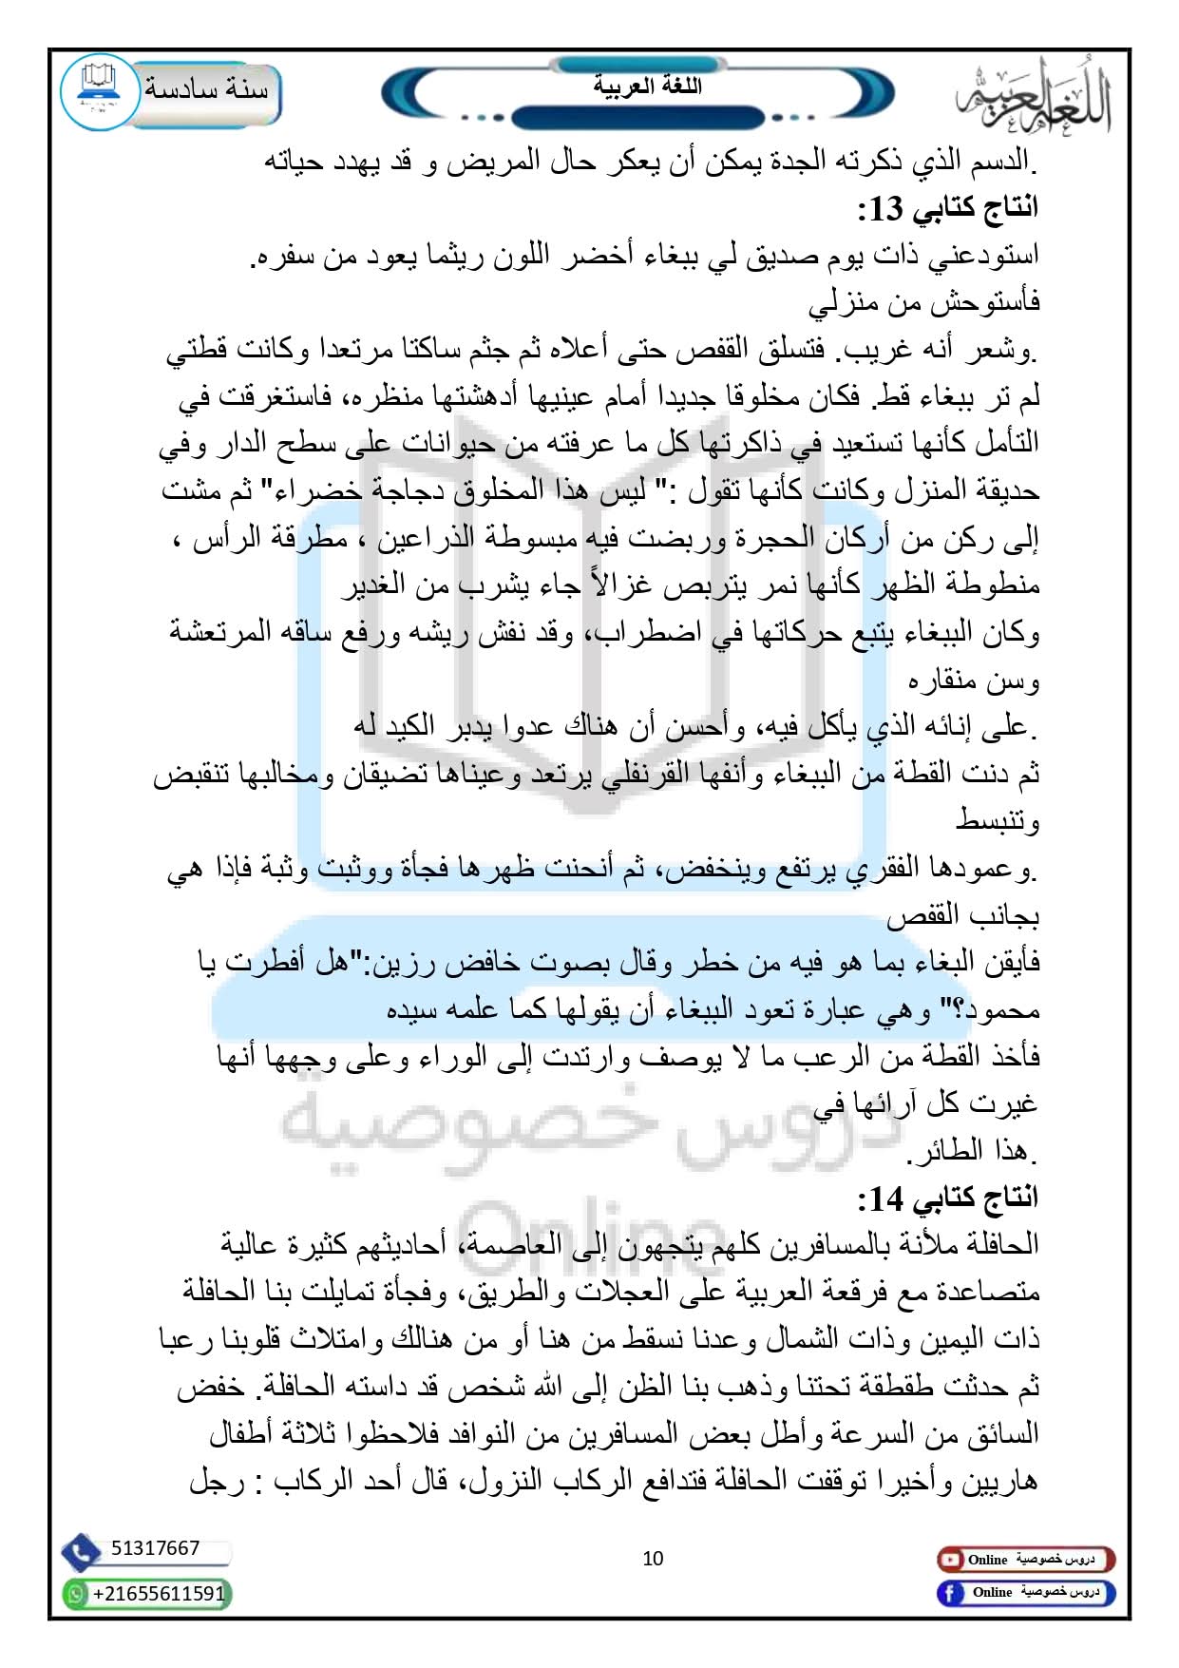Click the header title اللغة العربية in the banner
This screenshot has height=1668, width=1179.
(x=647, y=86)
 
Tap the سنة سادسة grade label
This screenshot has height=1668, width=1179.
(x=206, y=89)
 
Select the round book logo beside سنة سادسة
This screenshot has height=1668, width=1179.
(x=99, y=91)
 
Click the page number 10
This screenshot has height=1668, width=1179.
(x=653, y=1559)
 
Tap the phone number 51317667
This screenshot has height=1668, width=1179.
(x=156, y=1548)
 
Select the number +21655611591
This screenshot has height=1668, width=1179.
(x=159, y=1594)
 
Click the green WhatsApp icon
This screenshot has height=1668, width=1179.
(x=76, y=1594)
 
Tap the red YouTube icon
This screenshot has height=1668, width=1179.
(x=949, y=1560)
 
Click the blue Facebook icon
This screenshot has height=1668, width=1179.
(x=949, y=1593)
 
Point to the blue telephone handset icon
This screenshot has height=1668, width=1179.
(x=82, y=1552)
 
